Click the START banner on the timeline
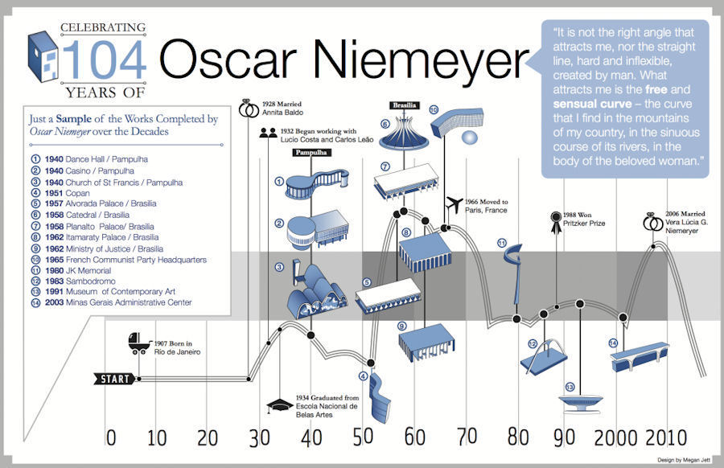(115, 379)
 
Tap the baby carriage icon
(139, 343)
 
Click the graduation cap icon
(279, 406)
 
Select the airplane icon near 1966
(455, 204)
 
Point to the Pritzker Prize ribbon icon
(556, 223)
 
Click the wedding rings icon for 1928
(249, 109)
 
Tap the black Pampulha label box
(311, 152)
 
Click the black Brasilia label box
(405, 105)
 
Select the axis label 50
(363, 437)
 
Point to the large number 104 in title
(105, 60)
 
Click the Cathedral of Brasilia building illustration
(405, 133)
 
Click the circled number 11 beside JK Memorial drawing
(502, 243)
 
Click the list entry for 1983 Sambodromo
(80, 281)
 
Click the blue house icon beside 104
(43, 57)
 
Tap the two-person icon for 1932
(268, 133)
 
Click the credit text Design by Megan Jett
(684, 460)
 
